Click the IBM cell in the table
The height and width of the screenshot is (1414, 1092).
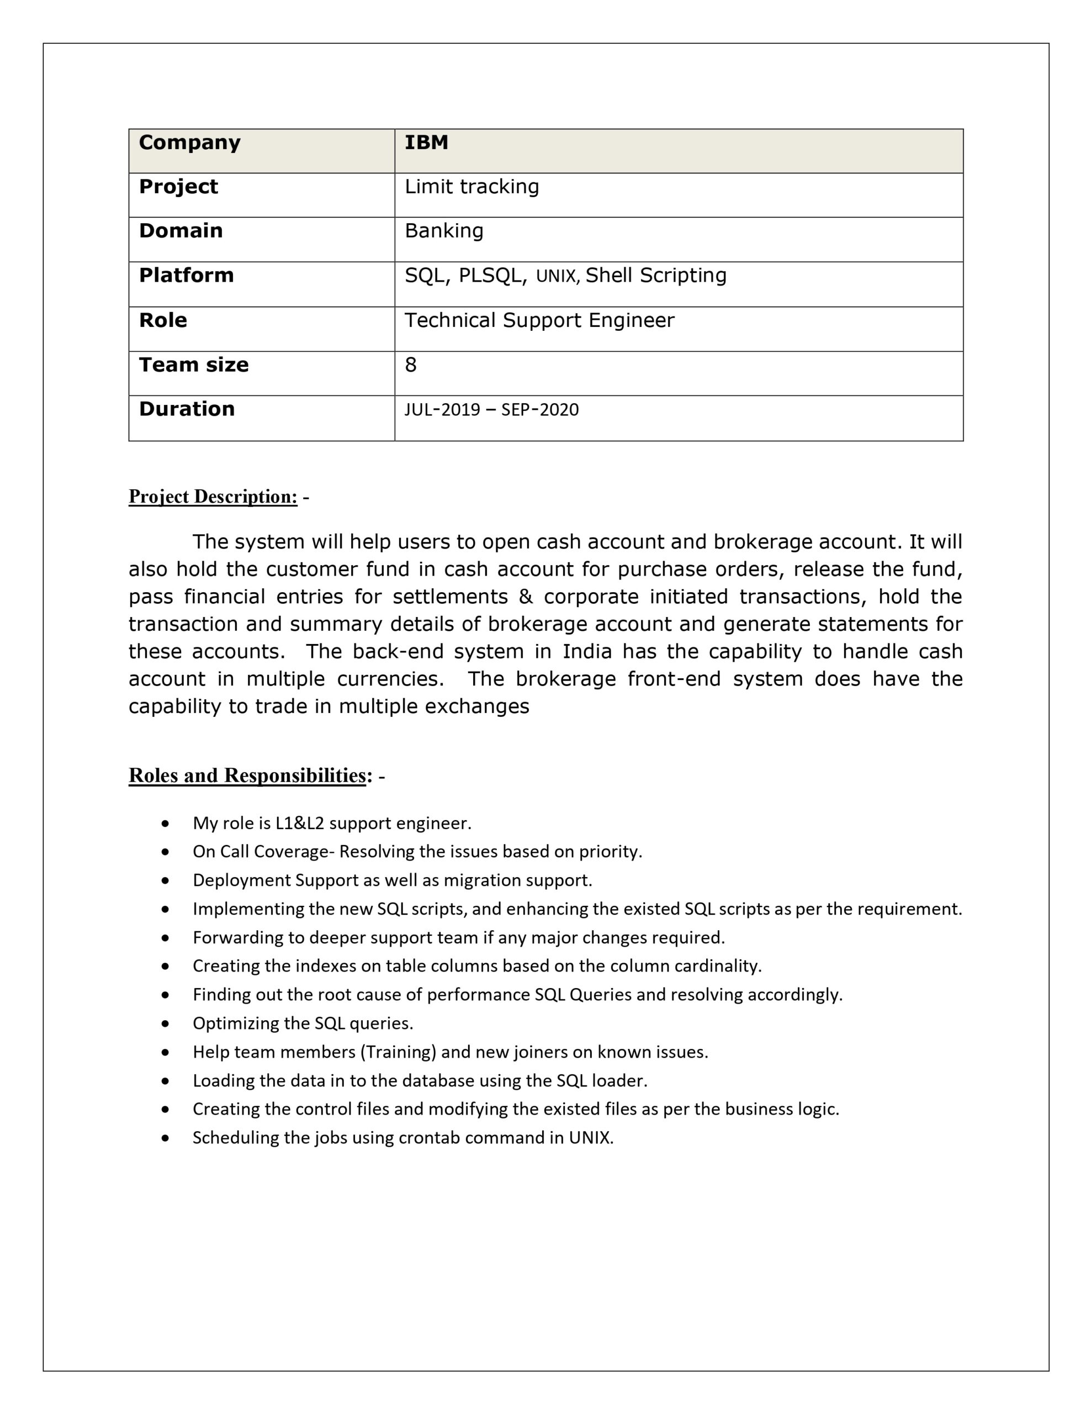click(426, 143)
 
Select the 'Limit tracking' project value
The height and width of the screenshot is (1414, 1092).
click(471, 187)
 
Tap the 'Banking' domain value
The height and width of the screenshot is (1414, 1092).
click(443, 230)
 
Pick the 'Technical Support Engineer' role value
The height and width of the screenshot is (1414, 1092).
click(539, 320)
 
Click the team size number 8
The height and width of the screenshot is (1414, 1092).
click(410, 365)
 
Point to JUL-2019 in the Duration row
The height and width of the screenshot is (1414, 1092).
click(442, 409)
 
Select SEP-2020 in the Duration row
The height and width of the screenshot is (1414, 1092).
click(540, 409)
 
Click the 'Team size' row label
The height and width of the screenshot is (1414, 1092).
click(194, 365)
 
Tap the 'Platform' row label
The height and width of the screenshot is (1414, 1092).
click(186, 275)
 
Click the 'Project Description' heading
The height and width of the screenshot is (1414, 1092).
click(213, 497)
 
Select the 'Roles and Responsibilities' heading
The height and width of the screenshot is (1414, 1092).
click(248, 775)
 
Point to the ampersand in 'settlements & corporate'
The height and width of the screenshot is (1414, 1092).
click(526, 597)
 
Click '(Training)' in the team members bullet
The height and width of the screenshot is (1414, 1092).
click(397, 1052)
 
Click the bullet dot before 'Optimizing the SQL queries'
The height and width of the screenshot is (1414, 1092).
click(166, 1023)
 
